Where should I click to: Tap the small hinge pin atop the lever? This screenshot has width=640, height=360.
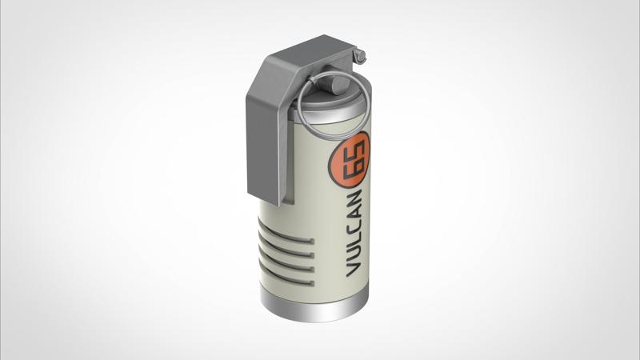359,55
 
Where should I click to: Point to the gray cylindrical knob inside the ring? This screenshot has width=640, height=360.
338,85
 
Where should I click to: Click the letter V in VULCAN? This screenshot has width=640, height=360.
354,270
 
